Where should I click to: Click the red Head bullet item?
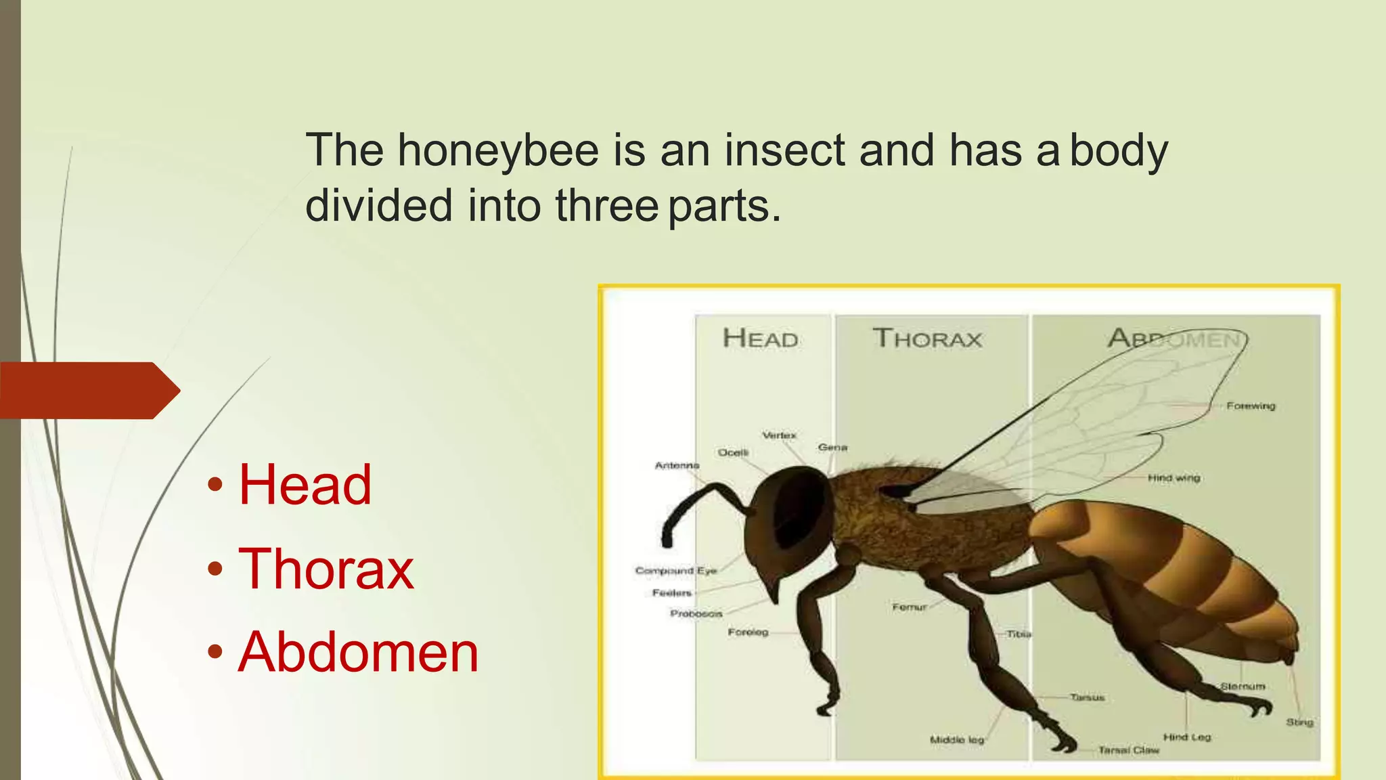(x=305, y=485)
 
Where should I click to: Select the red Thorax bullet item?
(x=326, y=569)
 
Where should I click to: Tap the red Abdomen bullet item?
(x=358, y=652)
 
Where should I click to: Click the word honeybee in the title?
(x=498, y=150)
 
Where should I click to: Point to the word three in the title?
(x=606, y=206)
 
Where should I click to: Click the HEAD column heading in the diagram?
(x=760, y=338)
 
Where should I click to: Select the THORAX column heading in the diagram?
(x=927, y=338)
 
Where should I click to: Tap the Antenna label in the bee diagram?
(x=677, y=465)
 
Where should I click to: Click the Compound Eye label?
(x=675, y=571)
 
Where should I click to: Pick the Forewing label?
(x=1251, y=406)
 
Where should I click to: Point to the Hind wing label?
(x=1173, y=477)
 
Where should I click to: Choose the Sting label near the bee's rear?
(x=1299, y=722)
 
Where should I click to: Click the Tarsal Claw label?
(x=1128, y=750)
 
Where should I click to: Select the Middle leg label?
(x=956, y=740)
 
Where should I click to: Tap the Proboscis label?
(x=696, y=613)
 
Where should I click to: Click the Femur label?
(x=909, y=607)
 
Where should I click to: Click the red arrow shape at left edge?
(x=88, y=391)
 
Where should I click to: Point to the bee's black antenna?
(x=697, y=504)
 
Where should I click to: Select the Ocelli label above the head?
(x=733, y=452)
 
